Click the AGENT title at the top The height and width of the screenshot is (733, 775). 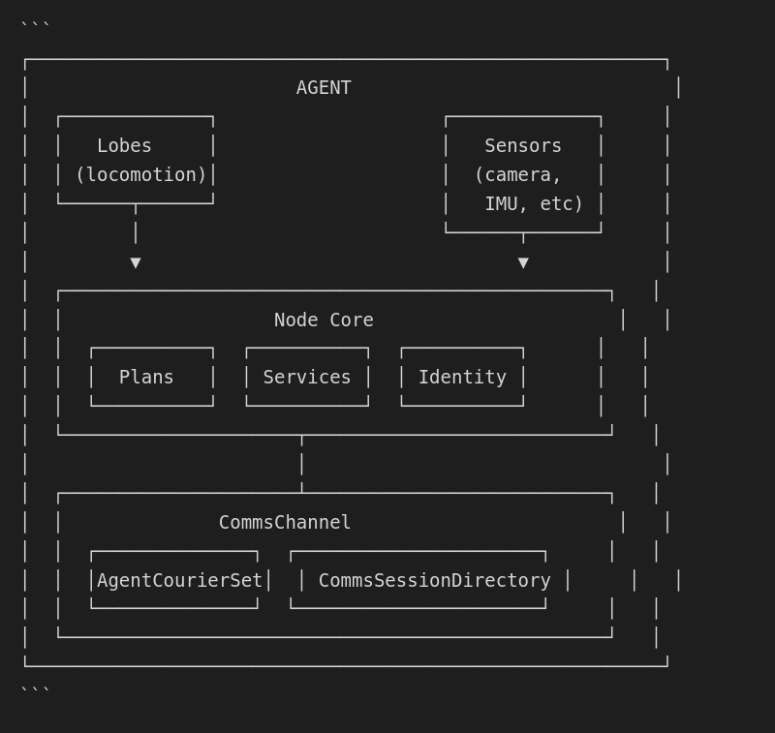pyautogui.click(x=324, y=88)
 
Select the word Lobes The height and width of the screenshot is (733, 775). pyautogui.click(x=124, y=146)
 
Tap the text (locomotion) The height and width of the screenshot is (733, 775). pyautogui.click(x=140, y=175)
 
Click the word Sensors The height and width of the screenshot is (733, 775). pyautogui.click(x=523, y=146)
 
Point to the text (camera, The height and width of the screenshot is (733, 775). pyautogui.click(x=517, y=175)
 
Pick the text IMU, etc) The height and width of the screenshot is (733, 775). pyautogui.click(x=534, y=204)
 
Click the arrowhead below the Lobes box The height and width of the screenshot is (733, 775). pyautogui.click(x=136, y=262)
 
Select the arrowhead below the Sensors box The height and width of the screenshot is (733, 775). pyautogui.click(x=523, y=262)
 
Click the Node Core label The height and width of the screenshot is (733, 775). pyautogui.click(x=324, y=321)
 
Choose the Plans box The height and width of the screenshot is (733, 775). pyautogui.click(x=152, y=378)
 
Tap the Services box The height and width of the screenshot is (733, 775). pyautogui.click(x=307, y=378)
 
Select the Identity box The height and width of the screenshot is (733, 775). pyautogui.click(x=462, y=378)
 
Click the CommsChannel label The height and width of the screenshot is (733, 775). pyautogui.click(x=285, y=523)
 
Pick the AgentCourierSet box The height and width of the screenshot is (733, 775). pyautogui.click(x=179, y=581)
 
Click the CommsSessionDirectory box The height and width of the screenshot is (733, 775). pyautogui.click(x=434, y=581)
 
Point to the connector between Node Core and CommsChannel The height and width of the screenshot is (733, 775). pyautogui.click(x=301, y=464)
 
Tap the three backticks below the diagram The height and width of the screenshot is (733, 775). pyautogui.click(x=35, y=690)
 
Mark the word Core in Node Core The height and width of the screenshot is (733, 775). pyautogui.click(x=351, y=321)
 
